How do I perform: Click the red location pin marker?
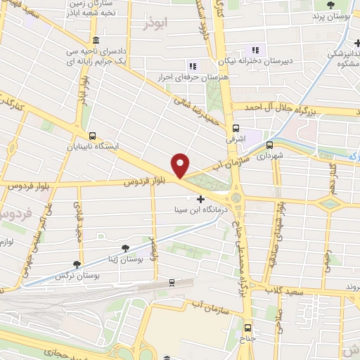(x=181, y=166)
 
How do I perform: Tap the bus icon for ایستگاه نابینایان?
(x=92, y=136)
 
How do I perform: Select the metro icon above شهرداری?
(x=270, y=145)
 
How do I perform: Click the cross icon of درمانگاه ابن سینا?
(x=202, y=200)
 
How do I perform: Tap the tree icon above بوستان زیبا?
(x=125, y=247)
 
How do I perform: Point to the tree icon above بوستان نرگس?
(x=77, y=265)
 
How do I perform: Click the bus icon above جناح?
(x=247, y=328)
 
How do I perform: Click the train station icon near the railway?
(x=172, y=283)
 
